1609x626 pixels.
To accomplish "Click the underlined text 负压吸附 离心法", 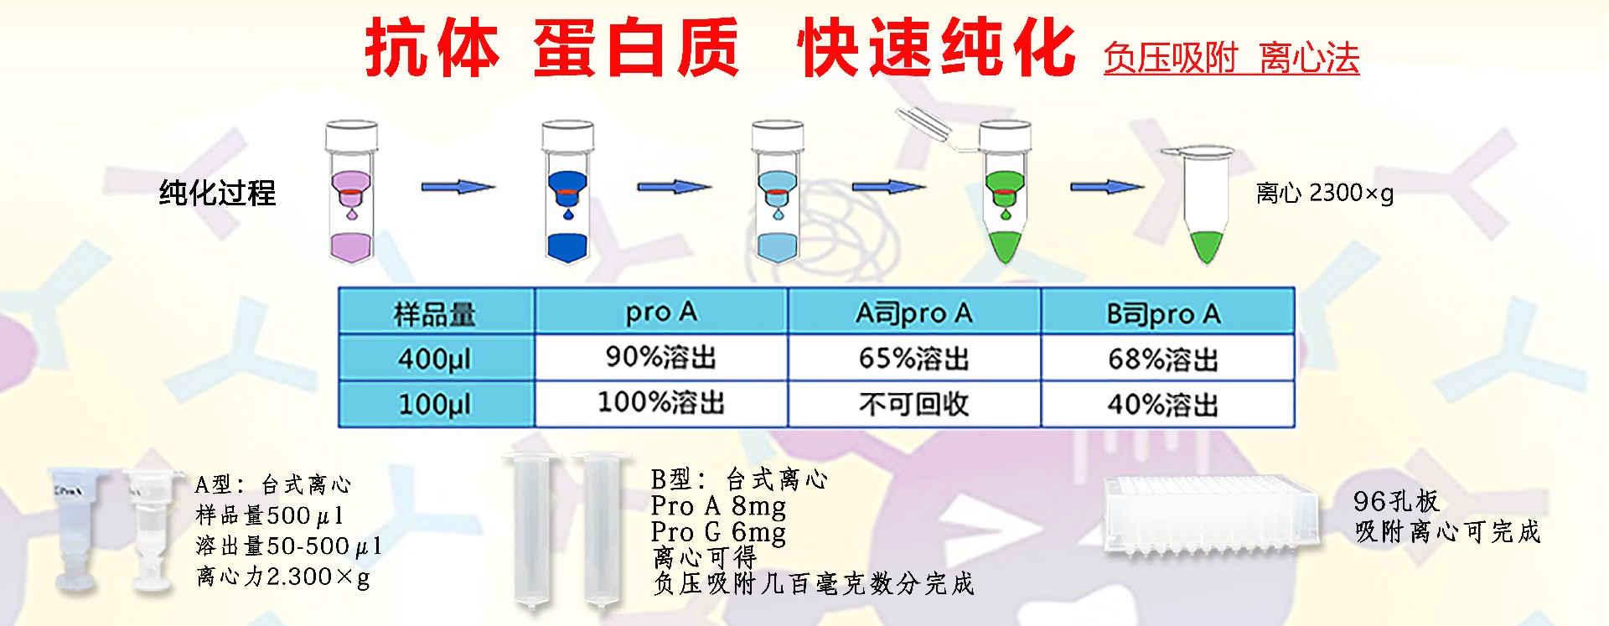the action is point(1231,59).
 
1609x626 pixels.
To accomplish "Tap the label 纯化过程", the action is point(217,193).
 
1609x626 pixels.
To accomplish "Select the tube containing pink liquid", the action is point(352,192).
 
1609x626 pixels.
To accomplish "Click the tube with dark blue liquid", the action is point(567,192).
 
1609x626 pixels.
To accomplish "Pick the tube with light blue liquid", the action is point(778,192).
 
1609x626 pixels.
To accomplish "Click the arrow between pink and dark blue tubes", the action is point(458,187).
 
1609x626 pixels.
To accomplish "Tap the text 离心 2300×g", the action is point(1325,194).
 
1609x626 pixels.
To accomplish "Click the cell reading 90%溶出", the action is point(661,358).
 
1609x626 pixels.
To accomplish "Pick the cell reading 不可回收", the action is point(913,404).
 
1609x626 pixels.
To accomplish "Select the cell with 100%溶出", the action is point(661,402).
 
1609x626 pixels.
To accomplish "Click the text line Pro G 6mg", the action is point(719,532).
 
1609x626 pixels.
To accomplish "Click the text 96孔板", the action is point(1396,501).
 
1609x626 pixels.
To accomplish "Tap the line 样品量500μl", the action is point(270,515).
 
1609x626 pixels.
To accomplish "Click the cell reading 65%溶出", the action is point(913,359).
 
